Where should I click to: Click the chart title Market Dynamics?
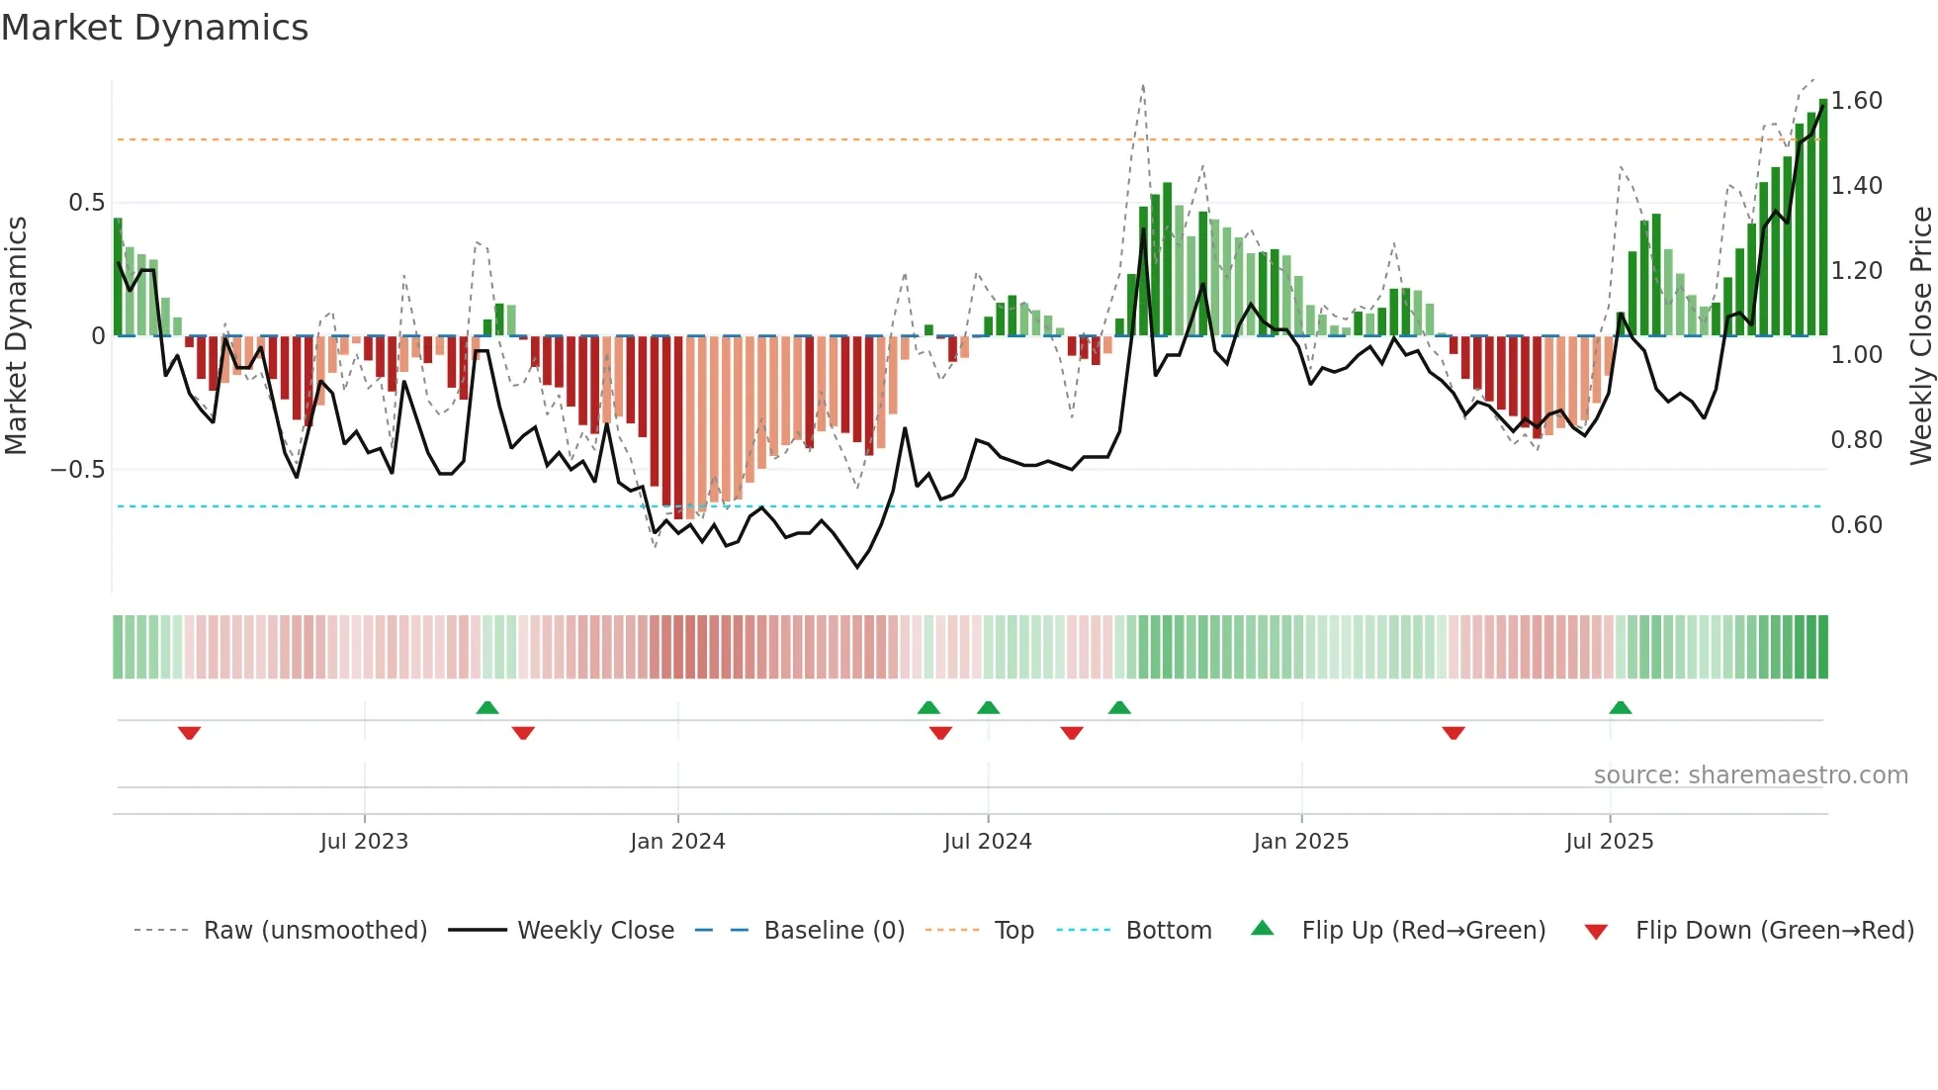tap(155, 28)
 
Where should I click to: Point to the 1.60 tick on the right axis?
tap(1856, 101)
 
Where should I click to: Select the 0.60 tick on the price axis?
tap(1856, 525)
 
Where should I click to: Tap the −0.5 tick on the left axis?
tap(77, 470)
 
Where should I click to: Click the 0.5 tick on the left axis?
tap(86, 203)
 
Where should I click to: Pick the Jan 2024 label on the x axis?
tap(677, 842)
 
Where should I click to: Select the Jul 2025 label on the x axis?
tap(1609, 842)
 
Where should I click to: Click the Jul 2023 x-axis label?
tap(364, 842)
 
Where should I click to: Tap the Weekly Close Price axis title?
tap(1920, 336)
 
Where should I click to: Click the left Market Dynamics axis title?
tap(16, 336)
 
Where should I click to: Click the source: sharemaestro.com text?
tap(1750, 775)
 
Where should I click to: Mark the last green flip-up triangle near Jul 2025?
tap(1620, 708)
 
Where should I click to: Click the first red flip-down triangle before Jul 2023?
tap(189, 733)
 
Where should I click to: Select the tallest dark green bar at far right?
tap(1823, 218)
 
